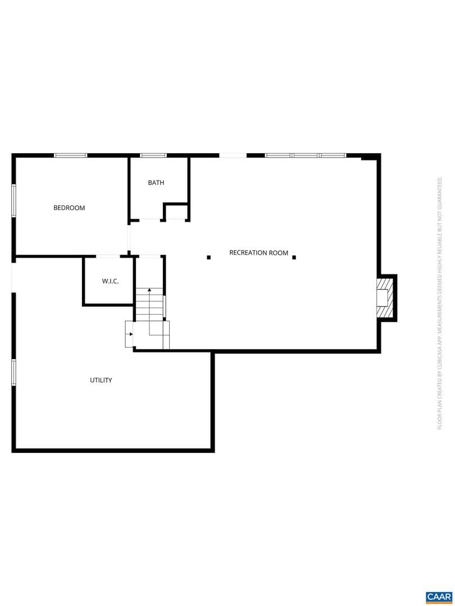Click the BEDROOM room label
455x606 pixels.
(x=69, y=208)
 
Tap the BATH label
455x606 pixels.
(x=156, y=182)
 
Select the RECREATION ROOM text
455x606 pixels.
(x=258, y=252)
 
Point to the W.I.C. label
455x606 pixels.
(x=110, y=281)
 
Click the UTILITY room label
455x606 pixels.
(x=101, y=380)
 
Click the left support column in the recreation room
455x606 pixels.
(x=208, y=258)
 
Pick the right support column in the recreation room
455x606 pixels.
(x=294, y=258)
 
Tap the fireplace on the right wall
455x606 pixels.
(x=385, y=297)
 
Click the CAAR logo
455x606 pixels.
(x=439, y=597)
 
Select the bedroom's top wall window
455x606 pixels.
(x=70, y=155)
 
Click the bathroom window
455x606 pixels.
(x=153, y=155)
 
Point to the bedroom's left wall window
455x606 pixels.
(x=13, y=201)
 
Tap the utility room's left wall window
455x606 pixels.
(x=13, y=373)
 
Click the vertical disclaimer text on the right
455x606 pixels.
(x=439, y=303)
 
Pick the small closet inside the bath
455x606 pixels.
(x=176, y=212)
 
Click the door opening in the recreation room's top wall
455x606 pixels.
(x=233, y=155)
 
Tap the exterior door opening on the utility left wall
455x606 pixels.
(x=13, y=278)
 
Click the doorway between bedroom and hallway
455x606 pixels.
(x=129, y=238)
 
